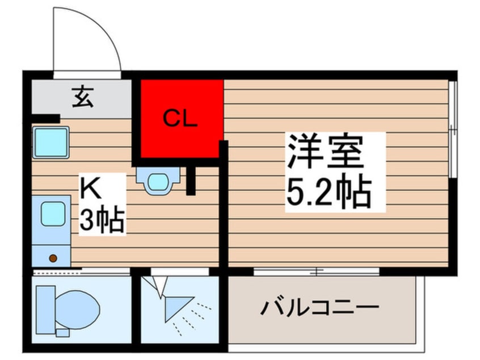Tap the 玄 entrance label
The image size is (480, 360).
(x=82, y=98)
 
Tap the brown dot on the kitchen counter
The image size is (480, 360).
(x=53, y=258)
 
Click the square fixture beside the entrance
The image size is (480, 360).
(x=50, y=142)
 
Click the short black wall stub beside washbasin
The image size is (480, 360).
(x=191, y=181)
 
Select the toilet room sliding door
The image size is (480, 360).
(x=79, y=272)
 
